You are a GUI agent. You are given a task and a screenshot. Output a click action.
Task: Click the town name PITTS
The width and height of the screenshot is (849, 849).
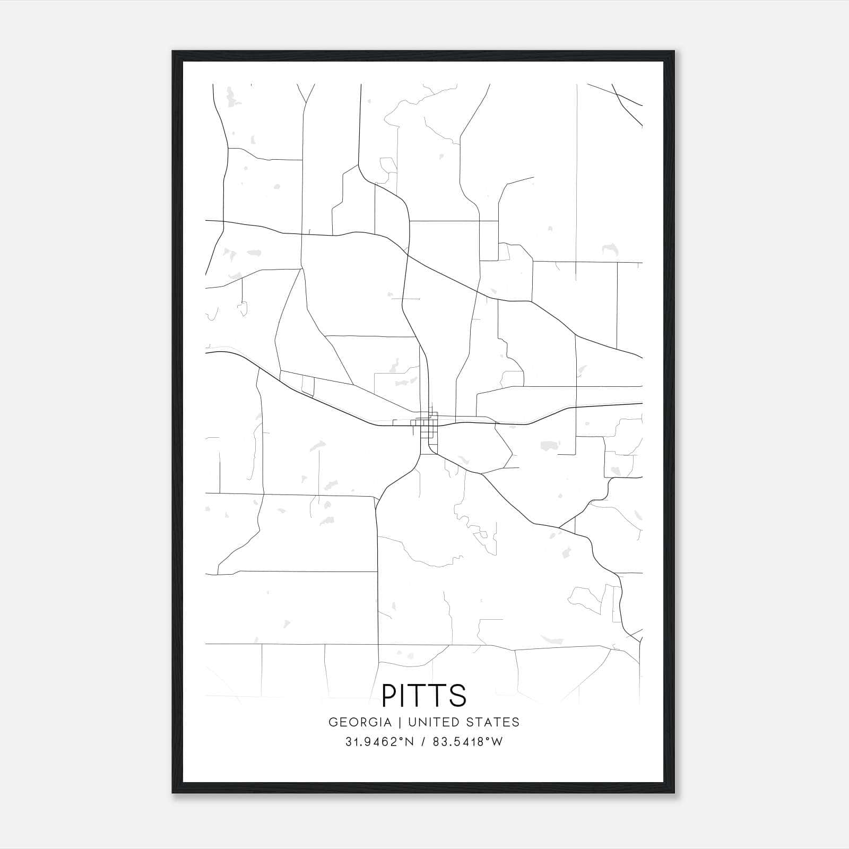click(424, 695)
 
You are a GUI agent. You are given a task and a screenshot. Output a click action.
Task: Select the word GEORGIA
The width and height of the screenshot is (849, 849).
click(360, 722)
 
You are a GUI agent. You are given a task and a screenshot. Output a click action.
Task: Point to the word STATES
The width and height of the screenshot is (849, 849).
click(493, 722)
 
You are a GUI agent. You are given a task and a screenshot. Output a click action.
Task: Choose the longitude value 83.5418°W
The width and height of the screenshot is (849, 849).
click(467, 742)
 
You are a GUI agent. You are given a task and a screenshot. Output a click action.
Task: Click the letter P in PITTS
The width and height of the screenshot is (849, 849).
click(389, 695)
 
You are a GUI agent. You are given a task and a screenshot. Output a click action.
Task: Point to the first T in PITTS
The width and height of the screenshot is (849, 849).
click(420, 695)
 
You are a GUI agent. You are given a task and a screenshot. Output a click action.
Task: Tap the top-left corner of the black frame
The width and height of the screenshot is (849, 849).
click(173, 51)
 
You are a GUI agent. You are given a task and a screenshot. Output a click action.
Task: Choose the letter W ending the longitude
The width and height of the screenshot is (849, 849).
click(497, 742)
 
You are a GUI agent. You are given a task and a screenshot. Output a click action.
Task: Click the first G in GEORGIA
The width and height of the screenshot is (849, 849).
click(333, 722)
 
